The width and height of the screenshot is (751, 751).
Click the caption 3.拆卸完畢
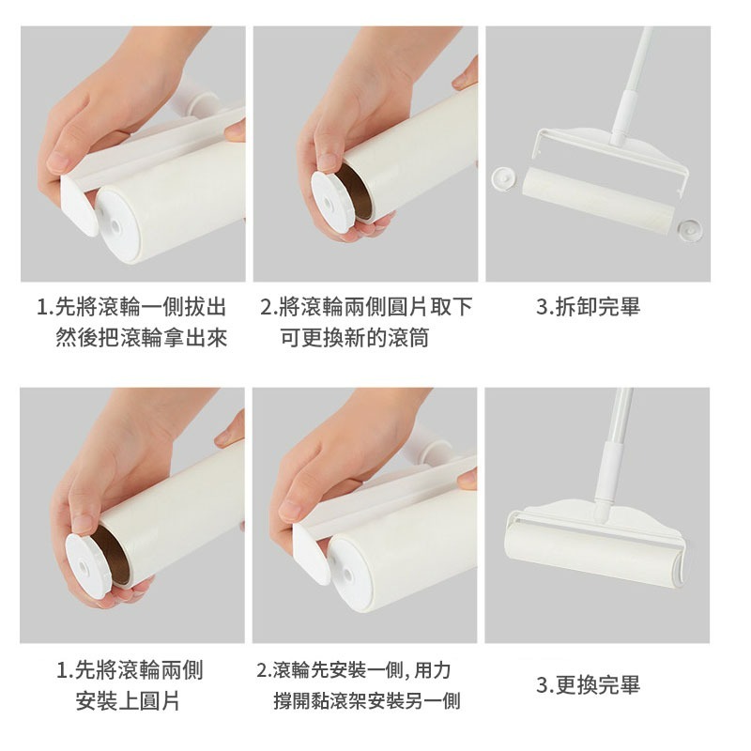pos(588,307)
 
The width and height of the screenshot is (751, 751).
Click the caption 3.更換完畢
pos(588,685)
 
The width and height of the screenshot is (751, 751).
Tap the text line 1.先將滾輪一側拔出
pos(131,307)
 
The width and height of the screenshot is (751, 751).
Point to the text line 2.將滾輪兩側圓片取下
pos(366,307)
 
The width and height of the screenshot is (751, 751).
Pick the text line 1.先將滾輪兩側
pos(130,670)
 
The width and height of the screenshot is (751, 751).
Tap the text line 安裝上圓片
pos(129,701)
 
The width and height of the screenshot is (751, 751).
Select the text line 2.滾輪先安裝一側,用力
pos(354,670)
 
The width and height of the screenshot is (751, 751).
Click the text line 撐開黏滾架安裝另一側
pos(366,701)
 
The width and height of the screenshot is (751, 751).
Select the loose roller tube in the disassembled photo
pos(598,195)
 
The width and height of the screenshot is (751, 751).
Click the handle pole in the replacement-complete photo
pos(615,441)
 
